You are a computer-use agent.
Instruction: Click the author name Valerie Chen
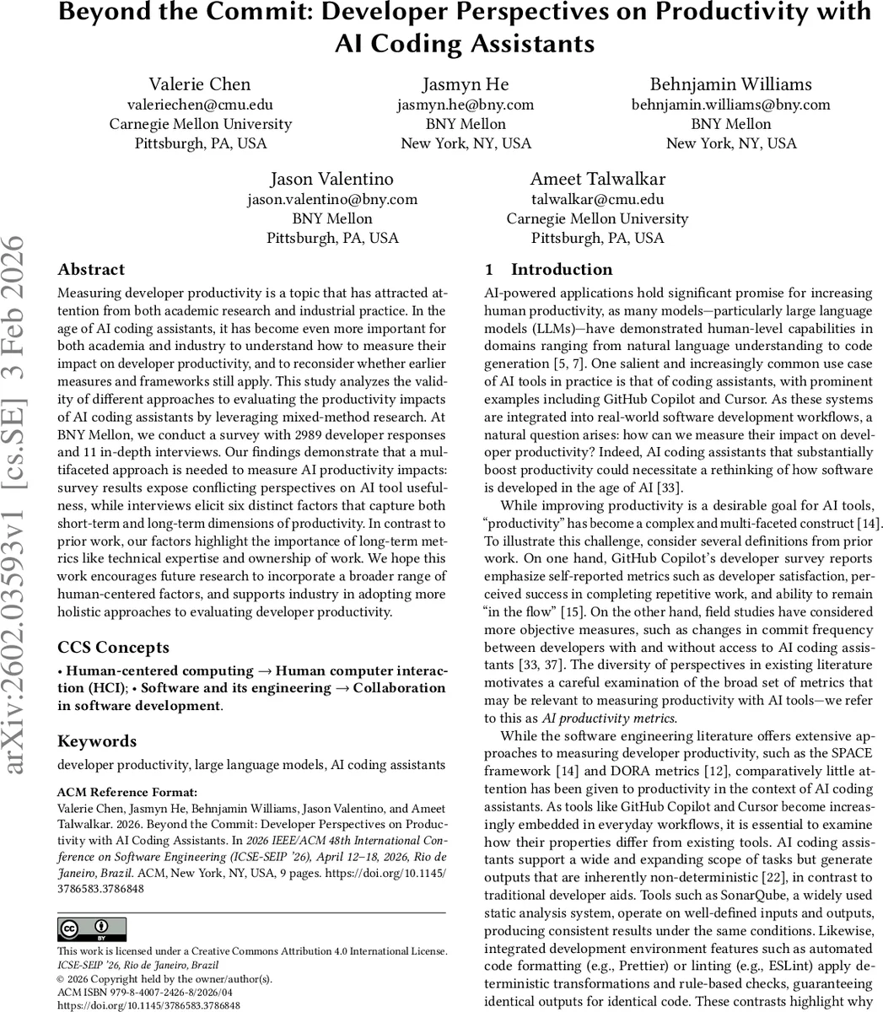tap(200, 84)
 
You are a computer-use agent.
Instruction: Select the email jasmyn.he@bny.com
tap(466, 105)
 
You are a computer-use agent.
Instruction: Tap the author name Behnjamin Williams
tap(730, 84)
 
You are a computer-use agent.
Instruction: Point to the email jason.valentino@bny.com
tap(332, 199)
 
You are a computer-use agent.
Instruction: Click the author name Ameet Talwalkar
tap(597, 179)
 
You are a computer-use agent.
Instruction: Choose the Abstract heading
tap(91, 270)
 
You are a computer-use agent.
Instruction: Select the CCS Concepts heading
tap(113, 648)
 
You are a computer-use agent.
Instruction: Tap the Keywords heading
tap(97, 741)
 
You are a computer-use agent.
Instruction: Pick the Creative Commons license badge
tap(92, 929)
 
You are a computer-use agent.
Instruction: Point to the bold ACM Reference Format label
tap(127, 792)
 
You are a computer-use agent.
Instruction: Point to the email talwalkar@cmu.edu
tap(597, 199)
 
